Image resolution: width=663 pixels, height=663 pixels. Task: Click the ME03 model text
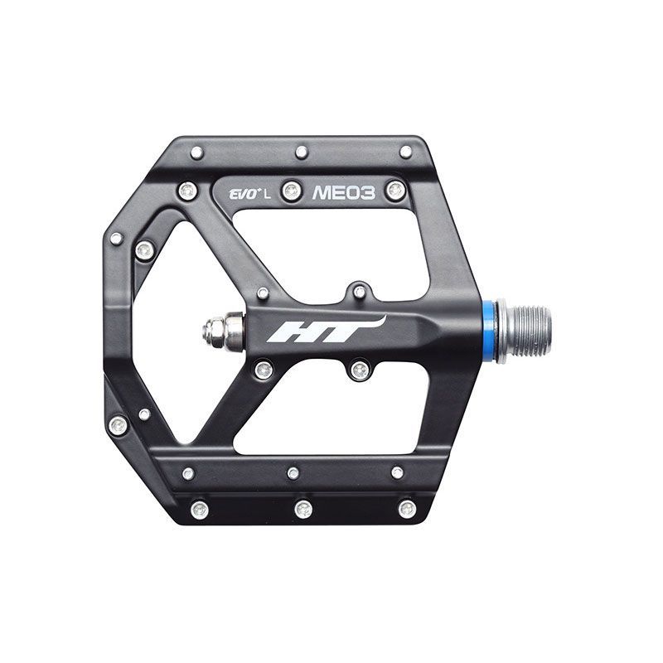point(344,193)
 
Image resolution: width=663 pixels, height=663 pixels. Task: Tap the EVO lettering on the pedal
point(244,195)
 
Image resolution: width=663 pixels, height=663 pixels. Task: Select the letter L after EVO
point(269,195)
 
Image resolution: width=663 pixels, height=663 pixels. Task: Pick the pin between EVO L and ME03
point(291,191)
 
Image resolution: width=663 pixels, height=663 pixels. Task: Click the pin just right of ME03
point(395,190)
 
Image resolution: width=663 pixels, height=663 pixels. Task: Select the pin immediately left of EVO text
point(188,191)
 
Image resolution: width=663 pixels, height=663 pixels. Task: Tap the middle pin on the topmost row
point(301,152)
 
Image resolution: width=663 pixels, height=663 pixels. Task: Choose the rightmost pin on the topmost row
point(405,152)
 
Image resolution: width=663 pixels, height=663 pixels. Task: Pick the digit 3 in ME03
point(368,193)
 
